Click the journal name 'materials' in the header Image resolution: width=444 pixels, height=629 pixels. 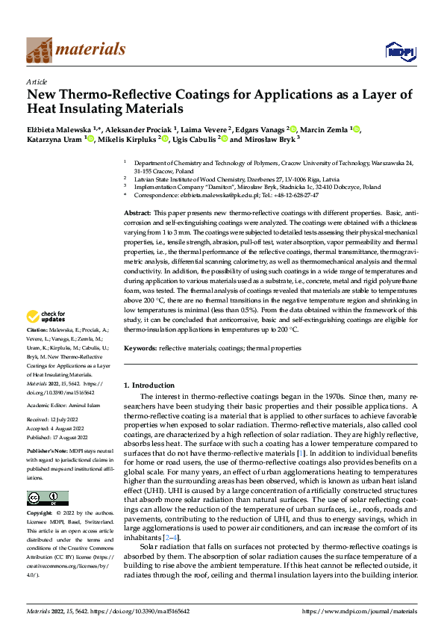pos(90,49)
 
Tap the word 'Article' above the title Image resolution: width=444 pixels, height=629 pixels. pos(37,81)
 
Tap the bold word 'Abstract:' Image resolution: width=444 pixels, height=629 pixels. pos(138,214)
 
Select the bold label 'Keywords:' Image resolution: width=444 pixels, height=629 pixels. pos(140,348)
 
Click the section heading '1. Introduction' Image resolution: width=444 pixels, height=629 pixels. pos(148,385)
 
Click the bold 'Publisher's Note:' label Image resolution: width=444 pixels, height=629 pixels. pos(48,453)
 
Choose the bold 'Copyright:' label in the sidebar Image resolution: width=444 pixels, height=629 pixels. pos(40,515)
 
